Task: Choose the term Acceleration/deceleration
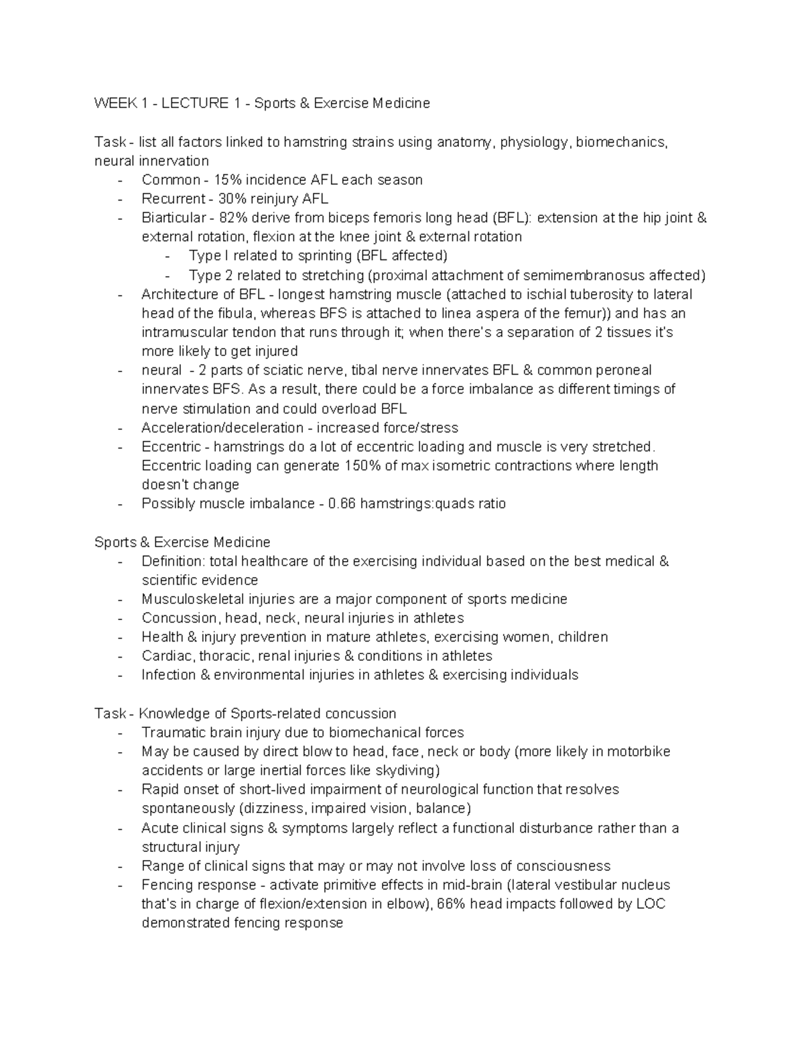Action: (x=222, y=428)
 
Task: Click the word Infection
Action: (x=168, y=674)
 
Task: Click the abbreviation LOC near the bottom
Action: (x=651, y=904)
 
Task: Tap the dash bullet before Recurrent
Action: (x=120, y=199)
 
